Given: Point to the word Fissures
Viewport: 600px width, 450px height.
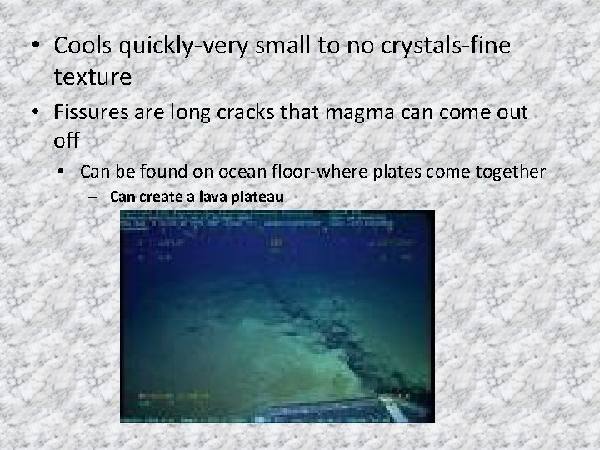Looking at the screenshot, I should pyautogui.click(x=97, y=112).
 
